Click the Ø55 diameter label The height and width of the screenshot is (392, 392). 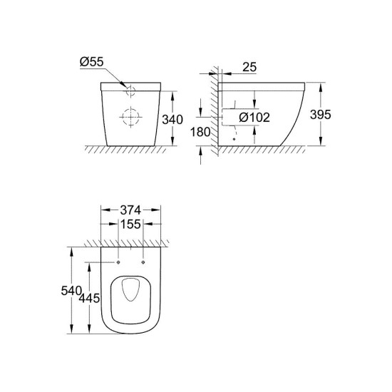[x=91, y=62]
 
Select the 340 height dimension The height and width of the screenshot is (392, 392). [x=172, y=120]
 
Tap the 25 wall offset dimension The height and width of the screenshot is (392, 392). [x=249, y=67]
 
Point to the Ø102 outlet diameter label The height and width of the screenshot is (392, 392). [x=254, y=118]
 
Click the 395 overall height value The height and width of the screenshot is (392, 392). [x=321, y=115]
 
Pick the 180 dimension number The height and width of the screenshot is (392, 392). [x=200, y=132]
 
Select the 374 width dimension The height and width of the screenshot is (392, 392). [x=130, y=210]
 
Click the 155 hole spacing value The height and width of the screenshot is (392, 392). [x=130, y=224]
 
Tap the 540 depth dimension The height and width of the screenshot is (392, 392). [x=71, y=291]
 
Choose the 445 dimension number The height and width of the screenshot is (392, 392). [x=90, y=298]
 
